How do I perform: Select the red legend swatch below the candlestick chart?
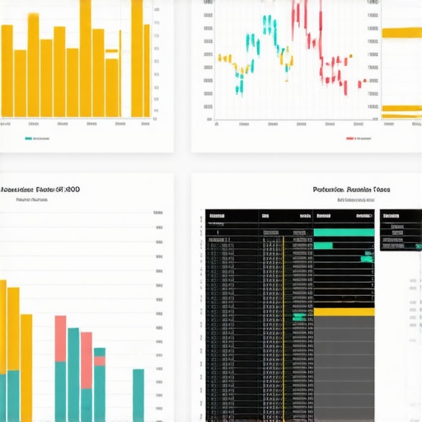tap(350, 138)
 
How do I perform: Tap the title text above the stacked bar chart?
tap(40, 189)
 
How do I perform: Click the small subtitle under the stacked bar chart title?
tap(33, 199)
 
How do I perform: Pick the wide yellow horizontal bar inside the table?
tap(345, 312)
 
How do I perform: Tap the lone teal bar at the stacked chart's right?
tap(138, 395)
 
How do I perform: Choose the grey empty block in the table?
tap(345, 371)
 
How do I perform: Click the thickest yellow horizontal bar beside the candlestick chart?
tap(402, 32)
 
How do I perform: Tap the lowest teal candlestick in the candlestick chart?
tap(240, 87)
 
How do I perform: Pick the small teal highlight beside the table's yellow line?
tap(298, 316)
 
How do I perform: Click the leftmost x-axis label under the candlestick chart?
tap(216, 126)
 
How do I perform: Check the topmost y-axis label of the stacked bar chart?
tap(158, 213)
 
